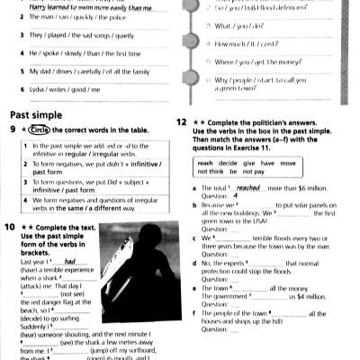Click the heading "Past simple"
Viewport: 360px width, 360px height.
(x=36, y=115)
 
